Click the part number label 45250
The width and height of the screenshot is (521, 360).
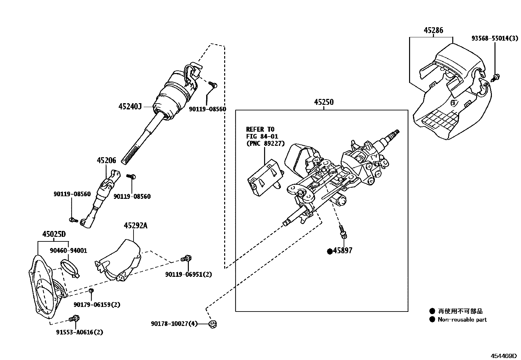(324, 102)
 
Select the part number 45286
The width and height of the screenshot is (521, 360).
(433, 30)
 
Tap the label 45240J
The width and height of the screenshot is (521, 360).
(130, 106)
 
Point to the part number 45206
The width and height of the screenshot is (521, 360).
(106, 161)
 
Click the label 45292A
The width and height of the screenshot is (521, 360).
(135, 225)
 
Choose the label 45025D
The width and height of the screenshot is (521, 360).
(54, 234)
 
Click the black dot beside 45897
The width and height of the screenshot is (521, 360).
(330, 251)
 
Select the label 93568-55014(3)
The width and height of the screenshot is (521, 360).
(494, 38)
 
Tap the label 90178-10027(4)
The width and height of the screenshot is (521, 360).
(174, 324)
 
